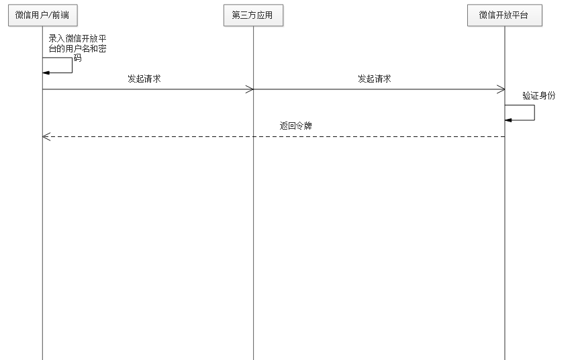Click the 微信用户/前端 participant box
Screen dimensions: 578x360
click(x=42, y=16)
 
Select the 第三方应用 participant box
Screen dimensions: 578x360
click(x=253, y=16)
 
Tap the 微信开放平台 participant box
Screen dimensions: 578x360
click(x=504, y=16)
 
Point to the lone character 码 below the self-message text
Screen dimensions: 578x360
click(x=77, y=58)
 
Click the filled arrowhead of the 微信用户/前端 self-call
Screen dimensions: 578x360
click(x=46, y=73)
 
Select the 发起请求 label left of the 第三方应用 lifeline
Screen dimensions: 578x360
click(x=144, y=79)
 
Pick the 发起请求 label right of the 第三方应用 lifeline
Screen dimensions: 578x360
click(x=375, y=79)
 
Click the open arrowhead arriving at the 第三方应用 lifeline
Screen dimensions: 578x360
click(x=250, y=89)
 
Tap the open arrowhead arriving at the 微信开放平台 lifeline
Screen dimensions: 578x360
click(x=501, y=89)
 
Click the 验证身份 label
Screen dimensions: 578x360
click(x=539, y=95)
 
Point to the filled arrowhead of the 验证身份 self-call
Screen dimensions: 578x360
click(x=508, y=120)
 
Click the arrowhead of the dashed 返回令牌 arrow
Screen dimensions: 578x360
click(x=46, y=136)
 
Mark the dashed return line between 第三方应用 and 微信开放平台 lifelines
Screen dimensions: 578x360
click(x=379, y=136)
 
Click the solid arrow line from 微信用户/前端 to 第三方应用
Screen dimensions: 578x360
click(x=148, y=89)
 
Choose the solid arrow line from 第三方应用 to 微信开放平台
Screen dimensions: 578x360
click(x=379, y=89)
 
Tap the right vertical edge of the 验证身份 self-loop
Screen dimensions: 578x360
click(x=534, y=113)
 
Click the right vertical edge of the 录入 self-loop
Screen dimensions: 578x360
click(x=72, y=65)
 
